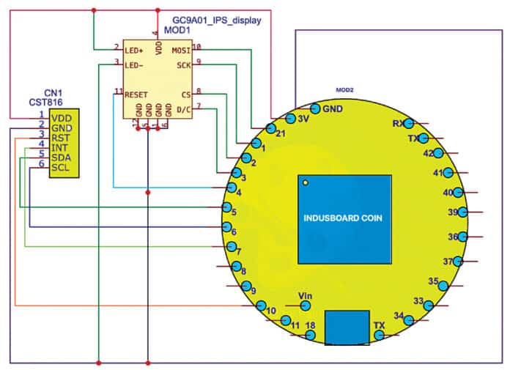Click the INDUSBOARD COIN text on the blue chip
[343, 218]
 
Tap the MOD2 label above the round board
[344, 89]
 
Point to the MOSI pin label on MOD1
[180, 50]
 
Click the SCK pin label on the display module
[183, 64]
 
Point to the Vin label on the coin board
[306, 295]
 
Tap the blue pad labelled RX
[409, 123]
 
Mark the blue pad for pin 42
[438, 153]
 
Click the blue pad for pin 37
[458, 261]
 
